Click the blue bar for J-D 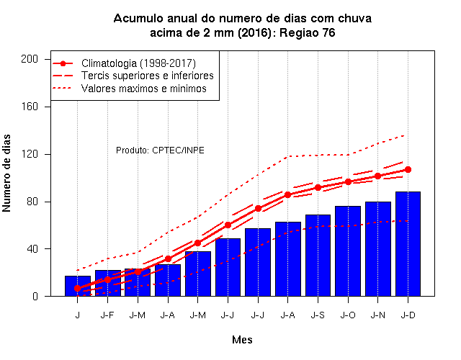coord(408,243)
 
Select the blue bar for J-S coord(318,256)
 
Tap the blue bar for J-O coord(348,251)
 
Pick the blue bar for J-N coord(377,249)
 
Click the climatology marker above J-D coord(408,170)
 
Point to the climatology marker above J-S coord(318,187)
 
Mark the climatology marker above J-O coord(348,182)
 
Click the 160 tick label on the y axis coord(30,107)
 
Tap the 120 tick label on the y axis coord(30,154)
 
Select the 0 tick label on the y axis coord(35,296)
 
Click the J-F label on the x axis coord(107,315)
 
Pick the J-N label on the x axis coord(377,315)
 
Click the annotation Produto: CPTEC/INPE coord(160,150)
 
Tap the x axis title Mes coord(242,340)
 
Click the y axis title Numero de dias coord(6,174)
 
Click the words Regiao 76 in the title coord(308,32)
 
